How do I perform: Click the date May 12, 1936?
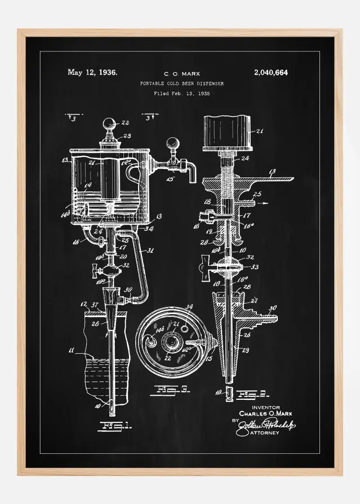(x=92, y=72)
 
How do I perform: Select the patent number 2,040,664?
(x=271, y=72)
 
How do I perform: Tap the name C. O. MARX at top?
(x=181, y=74)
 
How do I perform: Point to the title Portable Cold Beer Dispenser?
(x=181, y=83)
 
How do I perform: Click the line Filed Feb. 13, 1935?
(x=181, y=93)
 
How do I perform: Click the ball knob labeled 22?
(x=109, y=123)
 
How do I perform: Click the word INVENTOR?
(x=265, y=407)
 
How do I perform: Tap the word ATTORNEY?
(x=264, y=432)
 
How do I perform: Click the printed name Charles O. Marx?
(x=265, y=413)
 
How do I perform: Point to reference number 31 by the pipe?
(x=150, y=251)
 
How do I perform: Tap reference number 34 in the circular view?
(x=189, y=307)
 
